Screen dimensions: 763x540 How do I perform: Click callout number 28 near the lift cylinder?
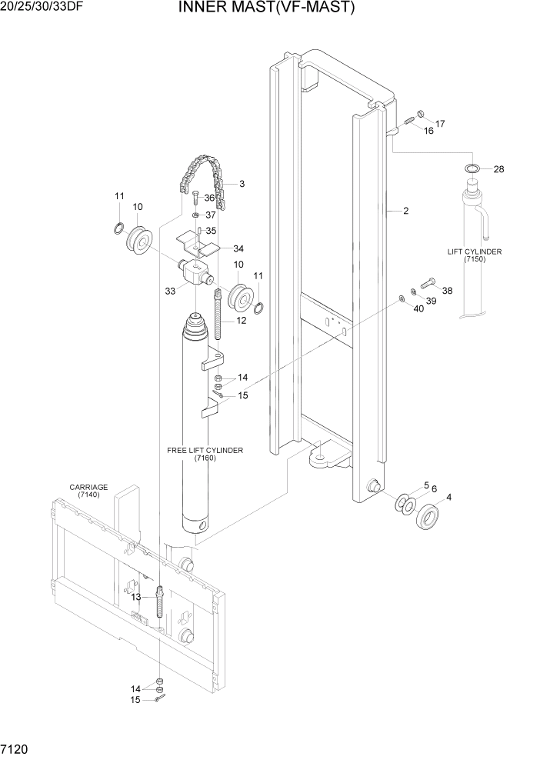coord(498,169)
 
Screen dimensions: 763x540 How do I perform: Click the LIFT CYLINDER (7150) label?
coord(475,256)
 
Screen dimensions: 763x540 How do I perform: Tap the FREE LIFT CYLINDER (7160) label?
coord(205,454)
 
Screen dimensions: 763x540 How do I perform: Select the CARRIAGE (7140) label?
coord(88,491)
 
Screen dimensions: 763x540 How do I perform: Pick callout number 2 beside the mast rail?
coord(405,212)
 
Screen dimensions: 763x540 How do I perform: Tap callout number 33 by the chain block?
coord(170,291)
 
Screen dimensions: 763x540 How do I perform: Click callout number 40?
coord(418,308)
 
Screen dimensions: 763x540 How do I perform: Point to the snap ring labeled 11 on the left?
coord(118,227)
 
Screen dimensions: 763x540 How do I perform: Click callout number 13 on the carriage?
coord(135,597)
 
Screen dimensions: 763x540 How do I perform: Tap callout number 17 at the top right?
coord(440,124)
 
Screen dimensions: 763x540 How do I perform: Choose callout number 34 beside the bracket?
coord(238,248)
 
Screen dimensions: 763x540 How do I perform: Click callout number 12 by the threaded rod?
coord(241,320)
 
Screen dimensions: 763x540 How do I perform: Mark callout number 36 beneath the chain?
coord(209,198)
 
